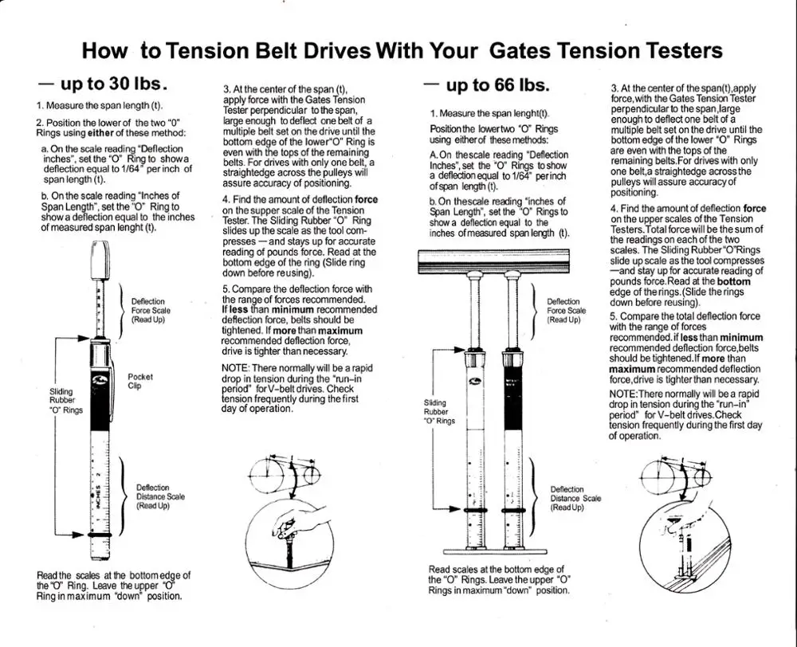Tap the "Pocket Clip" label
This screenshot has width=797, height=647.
[139, 381]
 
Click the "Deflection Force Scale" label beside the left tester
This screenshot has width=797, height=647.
[151, 310]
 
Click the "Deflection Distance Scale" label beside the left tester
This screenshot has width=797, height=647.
[160, 496]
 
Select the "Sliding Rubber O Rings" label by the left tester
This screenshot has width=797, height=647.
[65, 401]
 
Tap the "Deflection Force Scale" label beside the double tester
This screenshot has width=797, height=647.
[566, 310]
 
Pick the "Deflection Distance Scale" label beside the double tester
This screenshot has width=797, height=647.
[575, 498]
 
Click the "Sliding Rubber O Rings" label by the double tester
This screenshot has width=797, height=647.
[439, 412]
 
